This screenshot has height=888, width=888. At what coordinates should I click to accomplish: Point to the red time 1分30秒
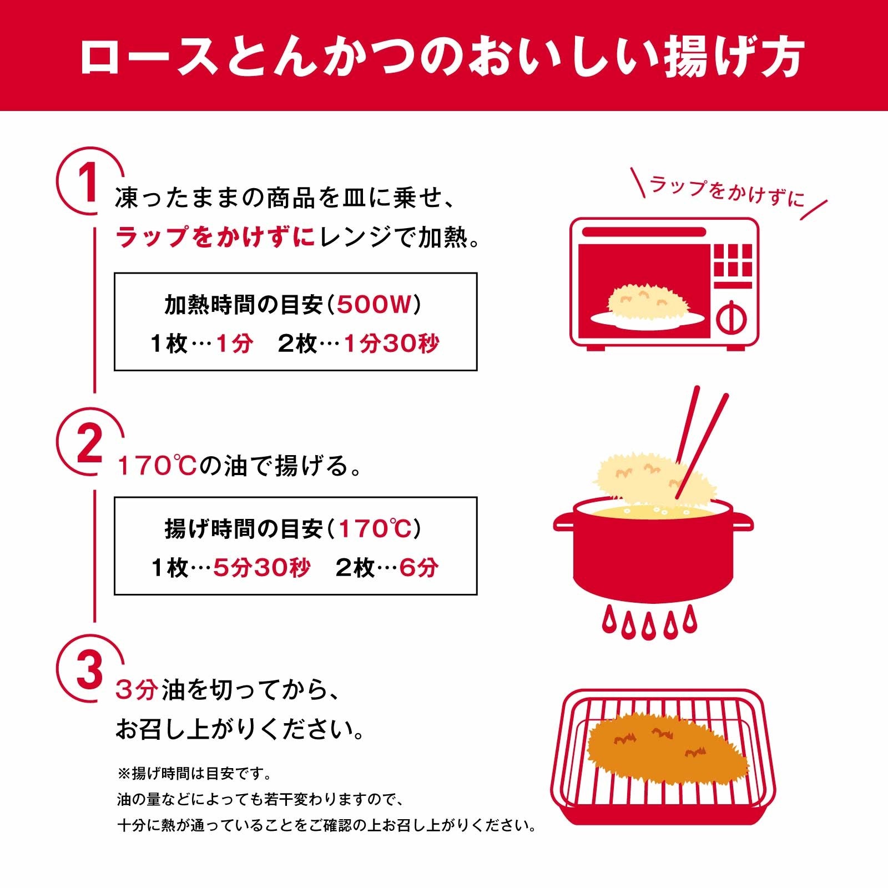click(391, 344)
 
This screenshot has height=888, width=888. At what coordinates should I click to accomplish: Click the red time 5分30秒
click(262, 568)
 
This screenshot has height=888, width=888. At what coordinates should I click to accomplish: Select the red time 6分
click(419, 568)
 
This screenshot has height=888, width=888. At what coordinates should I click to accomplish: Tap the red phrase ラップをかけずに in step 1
click(215, 238)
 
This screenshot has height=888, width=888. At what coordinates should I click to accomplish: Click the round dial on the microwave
click(731, 319)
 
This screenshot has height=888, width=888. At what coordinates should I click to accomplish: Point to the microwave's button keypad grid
click(733, 260)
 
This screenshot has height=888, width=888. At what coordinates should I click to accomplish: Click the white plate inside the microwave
click(648, 320)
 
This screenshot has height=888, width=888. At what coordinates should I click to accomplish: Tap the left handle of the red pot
click(564, 523)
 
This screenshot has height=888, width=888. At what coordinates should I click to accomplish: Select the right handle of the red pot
click(743, 523)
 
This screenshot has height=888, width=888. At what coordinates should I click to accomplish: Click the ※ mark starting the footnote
click(123, 773)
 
